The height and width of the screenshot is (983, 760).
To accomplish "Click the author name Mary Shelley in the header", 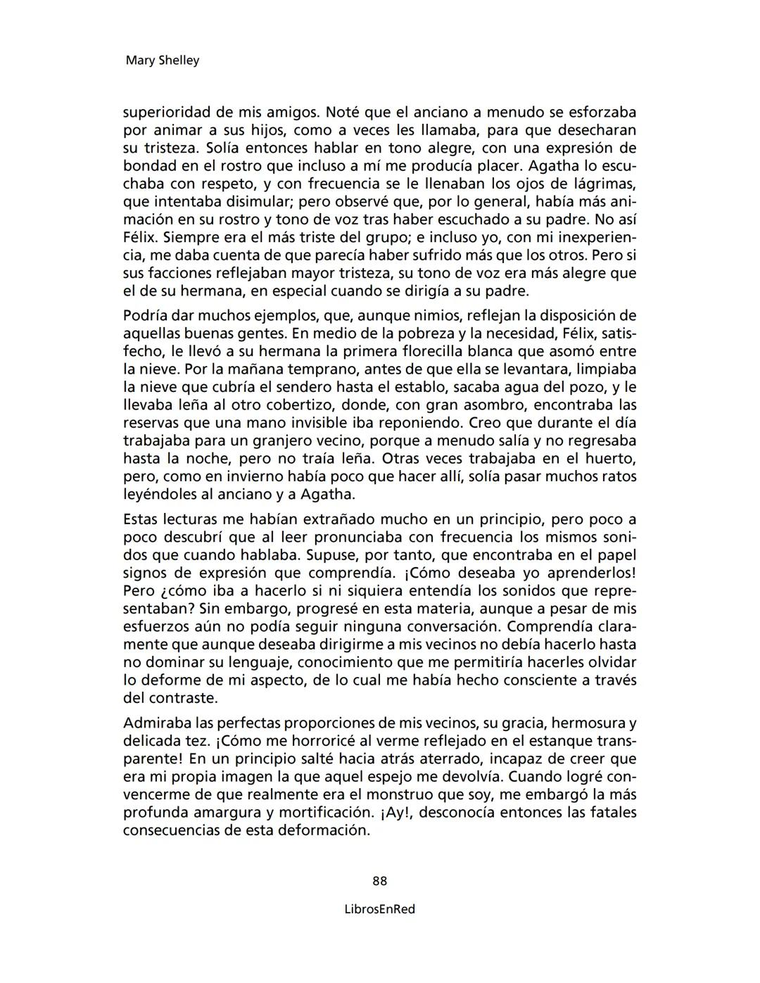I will [x=162, y=61].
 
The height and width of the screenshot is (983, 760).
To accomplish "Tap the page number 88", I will [x=380, y=881].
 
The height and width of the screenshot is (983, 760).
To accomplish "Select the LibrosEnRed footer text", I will [x=380, y=909].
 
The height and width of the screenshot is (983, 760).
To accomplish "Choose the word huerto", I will [x=612, y=459].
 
